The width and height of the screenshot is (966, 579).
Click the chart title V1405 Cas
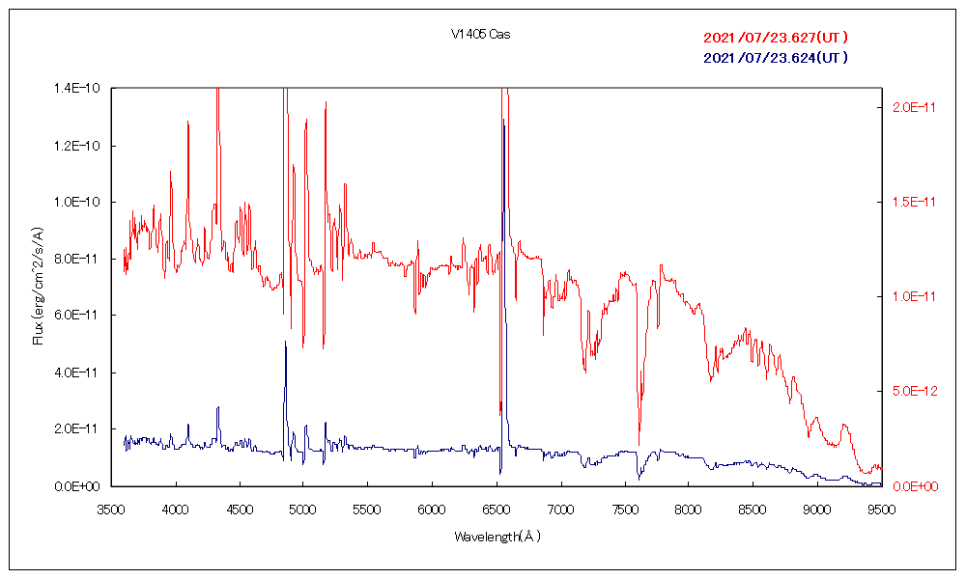[480, 35]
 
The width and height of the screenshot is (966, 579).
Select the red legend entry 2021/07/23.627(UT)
[776, 38]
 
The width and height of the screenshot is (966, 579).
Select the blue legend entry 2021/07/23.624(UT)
[776, 57]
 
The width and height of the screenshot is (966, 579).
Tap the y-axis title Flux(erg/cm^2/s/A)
[38, 286]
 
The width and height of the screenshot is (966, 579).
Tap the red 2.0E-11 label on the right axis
[908, 107]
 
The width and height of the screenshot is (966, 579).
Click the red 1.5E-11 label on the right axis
[908, 202]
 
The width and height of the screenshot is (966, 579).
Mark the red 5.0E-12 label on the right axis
[908, 391]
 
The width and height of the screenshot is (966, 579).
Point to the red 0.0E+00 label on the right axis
[908, 485]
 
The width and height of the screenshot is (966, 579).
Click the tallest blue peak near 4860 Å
[285, 342]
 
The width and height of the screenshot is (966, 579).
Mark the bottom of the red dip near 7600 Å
[639, 443]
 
